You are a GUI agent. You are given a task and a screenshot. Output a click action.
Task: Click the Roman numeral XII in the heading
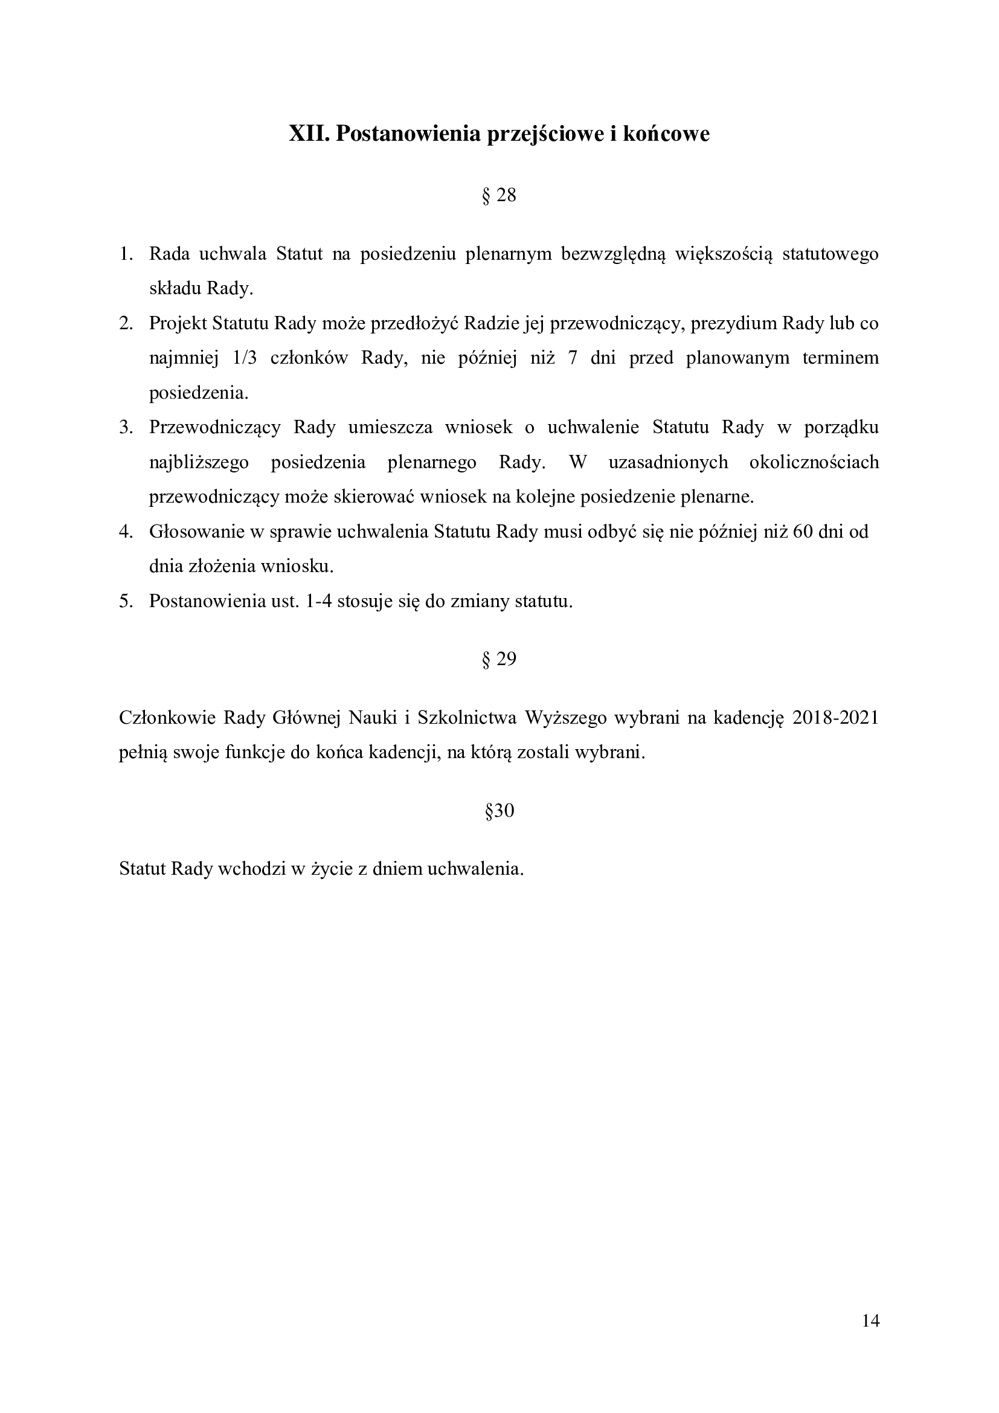[309, 134]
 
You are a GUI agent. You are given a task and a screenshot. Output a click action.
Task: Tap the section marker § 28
[499, 196]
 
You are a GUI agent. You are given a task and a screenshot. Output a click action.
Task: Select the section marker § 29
[499, 660]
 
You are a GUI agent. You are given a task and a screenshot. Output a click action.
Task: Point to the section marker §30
[499, 811]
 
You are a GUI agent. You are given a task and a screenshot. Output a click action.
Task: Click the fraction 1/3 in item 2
[244, 358]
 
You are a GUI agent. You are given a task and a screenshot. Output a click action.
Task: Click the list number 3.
[126, 428]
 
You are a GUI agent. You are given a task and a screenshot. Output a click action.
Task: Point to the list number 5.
[126, 601]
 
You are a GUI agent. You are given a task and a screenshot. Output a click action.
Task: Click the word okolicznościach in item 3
[814, 462]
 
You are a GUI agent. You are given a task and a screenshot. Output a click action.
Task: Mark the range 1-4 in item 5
[319, 601]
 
